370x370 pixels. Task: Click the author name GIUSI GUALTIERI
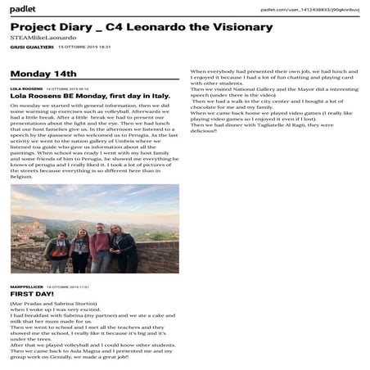point(25,47)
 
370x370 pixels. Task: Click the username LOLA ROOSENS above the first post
point(26,88)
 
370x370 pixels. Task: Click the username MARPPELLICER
point(25,286)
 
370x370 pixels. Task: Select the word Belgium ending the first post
point(22,176)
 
